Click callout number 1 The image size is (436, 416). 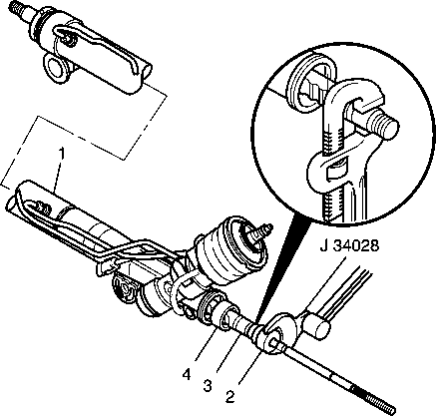click(61, 156)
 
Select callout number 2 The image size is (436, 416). click(230, 396)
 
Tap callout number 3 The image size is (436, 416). click(208, 386)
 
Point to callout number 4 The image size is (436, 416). click(187, 375)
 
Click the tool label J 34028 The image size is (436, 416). click(349, 246)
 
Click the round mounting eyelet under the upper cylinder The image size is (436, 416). click(54, 67)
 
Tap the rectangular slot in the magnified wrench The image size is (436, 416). click(336, 170)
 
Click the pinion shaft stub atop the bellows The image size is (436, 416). click(260, 232)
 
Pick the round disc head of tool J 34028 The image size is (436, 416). click(280, 332)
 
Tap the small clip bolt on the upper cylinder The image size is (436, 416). click(71, 41)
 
